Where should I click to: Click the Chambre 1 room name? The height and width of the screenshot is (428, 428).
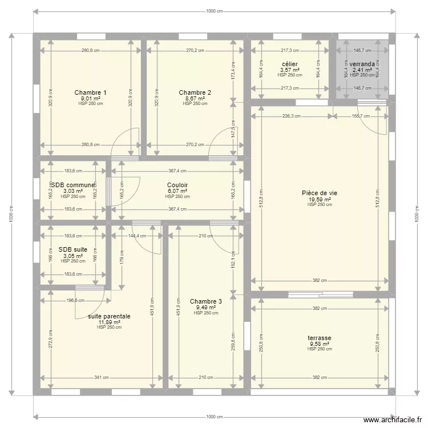[x=90, y=92]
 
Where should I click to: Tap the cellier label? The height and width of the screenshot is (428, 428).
[x=290, y=64]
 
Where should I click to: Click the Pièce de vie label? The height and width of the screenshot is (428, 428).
[x=320, y=193]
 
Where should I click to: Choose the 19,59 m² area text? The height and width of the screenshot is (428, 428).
[x=320, y=199]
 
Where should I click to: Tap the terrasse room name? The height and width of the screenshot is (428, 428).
[x=320, y=338]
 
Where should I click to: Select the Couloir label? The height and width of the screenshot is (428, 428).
[x=177, y=185]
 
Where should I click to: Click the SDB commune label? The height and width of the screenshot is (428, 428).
[x=73, y=185]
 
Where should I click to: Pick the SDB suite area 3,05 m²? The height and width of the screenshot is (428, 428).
[x=73, y=256]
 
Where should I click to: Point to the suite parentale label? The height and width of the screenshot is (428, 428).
[x=109, y=316]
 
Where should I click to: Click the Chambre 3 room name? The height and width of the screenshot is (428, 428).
[x=206, y=301]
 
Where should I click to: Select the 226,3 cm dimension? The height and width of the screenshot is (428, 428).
[x=291, y=116]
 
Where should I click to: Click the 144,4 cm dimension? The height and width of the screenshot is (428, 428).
[x=137, y=235]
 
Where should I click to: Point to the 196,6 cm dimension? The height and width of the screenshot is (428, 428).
[x=74, y=300]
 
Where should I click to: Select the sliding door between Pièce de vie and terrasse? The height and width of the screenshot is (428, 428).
[x=320, y=295]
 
